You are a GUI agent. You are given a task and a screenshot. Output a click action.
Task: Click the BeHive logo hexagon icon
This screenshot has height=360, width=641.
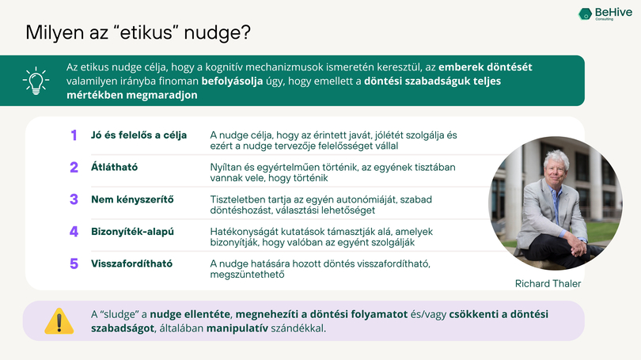coord(585,14)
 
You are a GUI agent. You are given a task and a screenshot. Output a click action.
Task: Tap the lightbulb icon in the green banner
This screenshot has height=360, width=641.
coord(36,81)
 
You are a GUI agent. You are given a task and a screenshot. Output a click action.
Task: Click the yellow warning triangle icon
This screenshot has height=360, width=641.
coord(59,321)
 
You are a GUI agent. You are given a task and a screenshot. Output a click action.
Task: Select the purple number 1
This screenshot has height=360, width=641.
coord(74,135)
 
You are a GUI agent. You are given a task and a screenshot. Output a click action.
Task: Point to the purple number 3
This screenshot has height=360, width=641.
coord(74,199)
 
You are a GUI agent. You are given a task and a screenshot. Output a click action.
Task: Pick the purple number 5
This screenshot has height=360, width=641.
coord(74,263)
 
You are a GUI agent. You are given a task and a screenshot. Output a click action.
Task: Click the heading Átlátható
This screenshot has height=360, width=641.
coord(114,167)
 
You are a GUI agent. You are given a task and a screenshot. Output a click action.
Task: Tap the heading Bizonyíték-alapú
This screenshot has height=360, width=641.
coord(132,232)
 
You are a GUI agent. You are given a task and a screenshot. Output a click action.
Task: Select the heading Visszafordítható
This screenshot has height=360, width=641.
coord(131,263)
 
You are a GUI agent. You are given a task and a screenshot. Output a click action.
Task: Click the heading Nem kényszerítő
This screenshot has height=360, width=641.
coord(132,199)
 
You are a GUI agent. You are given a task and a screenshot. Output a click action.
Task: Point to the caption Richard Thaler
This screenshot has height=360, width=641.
coord(548,283)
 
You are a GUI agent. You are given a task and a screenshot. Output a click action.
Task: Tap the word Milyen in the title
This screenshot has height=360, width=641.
coord(55,32)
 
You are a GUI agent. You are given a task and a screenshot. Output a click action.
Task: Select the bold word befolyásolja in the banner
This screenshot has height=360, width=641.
coord(232,81)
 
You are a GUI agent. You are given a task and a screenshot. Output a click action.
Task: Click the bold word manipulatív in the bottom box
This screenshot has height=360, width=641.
coord(237,328)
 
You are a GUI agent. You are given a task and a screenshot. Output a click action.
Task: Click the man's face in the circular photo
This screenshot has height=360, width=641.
coord(556,169)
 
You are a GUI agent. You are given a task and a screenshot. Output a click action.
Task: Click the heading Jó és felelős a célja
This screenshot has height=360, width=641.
coord(139,135)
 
